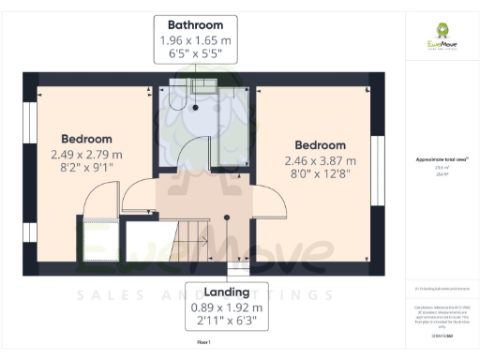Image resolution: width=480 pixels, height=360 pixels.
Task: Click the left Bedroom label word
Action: coord(86,138)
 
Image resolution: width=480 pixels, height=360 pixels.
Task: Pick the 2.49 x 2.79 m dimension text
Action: coord(86,154)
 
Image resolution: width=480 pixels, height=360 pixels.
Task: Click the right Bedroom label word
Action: coord(320,145)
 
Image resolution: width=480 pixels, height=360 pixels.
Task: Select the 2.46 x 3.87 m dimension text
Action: coord(320,161)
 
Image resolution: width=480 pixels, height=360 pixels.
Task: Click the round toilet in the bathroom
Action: coord(194,106)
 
